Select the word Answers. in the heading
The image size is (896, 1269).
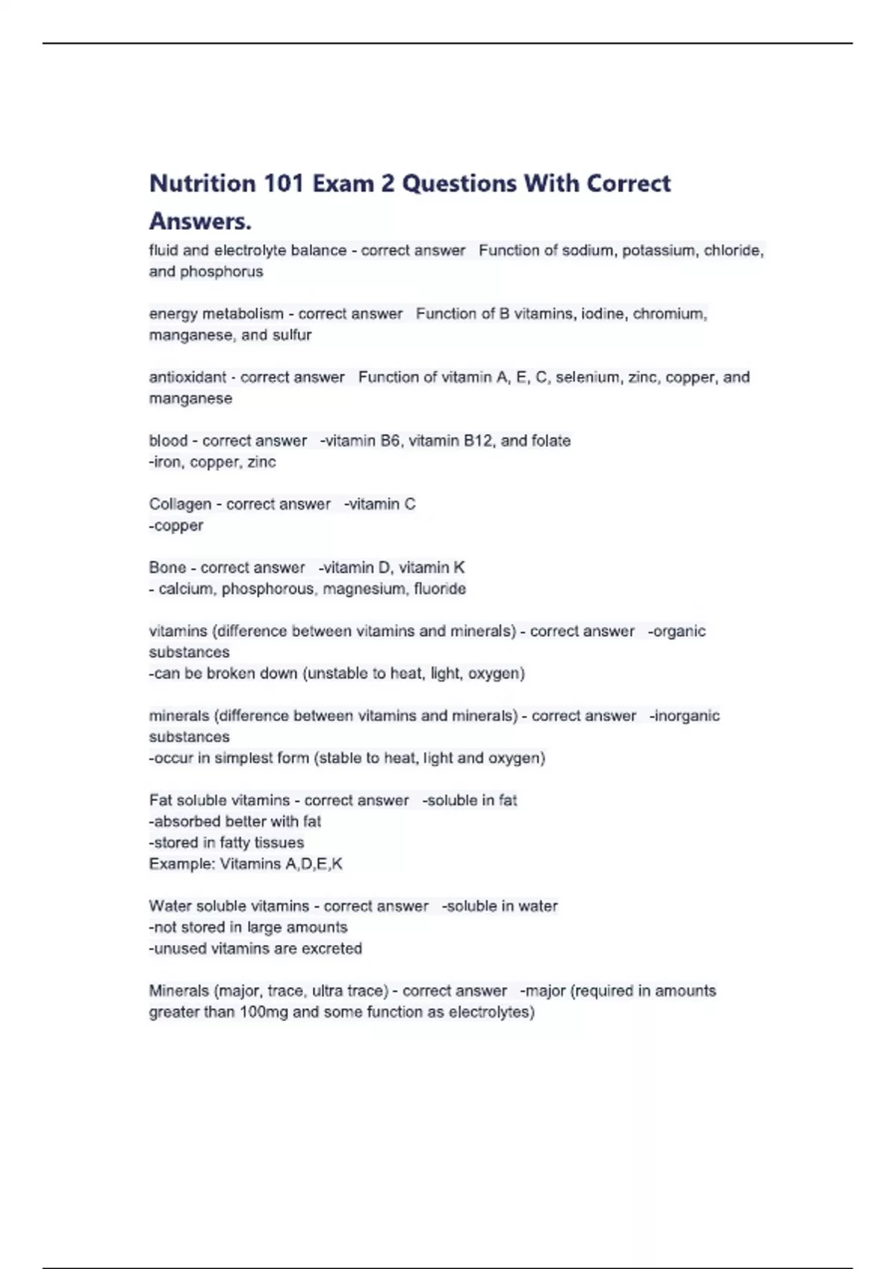click(200, 222)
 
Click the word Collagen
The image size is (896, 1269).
click(180, 505)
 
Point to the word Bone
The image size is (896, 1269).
click(167, 568)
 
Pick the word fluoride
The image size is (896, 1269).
click(440, 589)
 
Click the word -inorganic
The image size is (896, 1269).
click(684, 716)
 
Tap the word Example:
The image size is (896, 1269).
click(181, 864)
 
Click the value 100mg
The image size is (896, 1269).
click(264, 1012)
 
